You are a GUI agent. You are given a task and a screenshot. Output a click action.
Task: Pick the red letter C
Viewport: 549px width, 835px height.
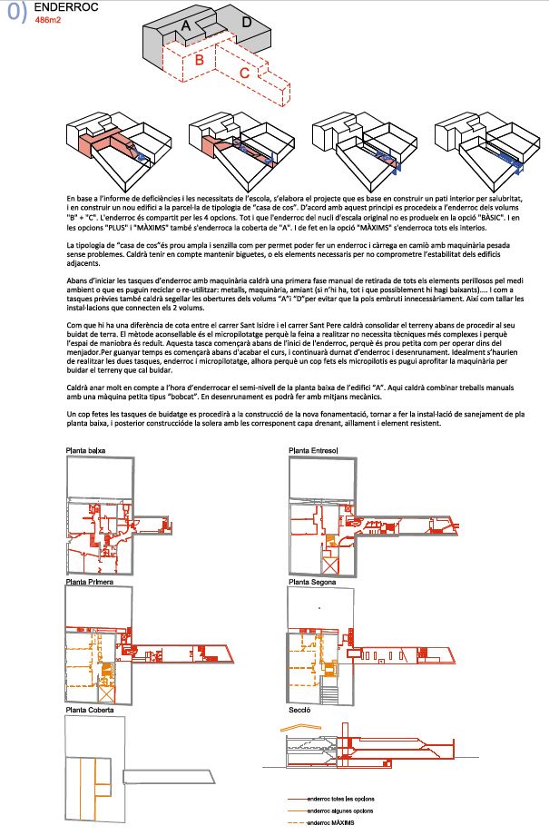[244, 73]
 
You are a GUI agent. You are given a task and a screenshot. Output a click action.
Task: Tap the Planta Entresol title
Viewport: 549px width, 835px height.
[313, 450]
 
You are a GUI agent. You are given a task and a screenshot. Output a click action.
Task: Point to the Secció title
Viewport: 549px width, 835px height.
[299, 710]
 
